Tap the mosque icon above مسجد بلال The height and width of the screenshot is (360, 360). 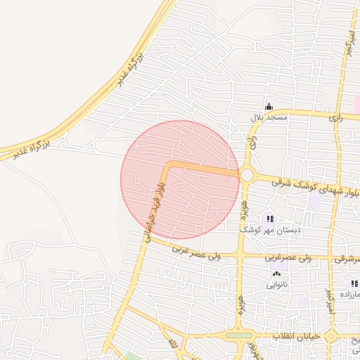(269, 106)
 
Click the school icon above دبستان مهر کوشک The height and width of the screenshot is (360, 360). (271, 219)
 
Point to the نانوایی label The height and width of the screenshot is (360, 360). (276, 285)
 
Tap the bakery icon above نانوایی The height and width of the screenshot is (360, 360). (276, 275)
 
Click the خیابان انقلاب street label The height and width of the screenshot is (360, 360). (300, 336)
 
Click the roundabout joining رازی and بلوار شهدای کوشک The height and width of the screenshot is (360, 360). (247, 174)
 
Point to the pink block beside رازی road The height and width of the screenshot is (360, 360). (356, 104)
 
